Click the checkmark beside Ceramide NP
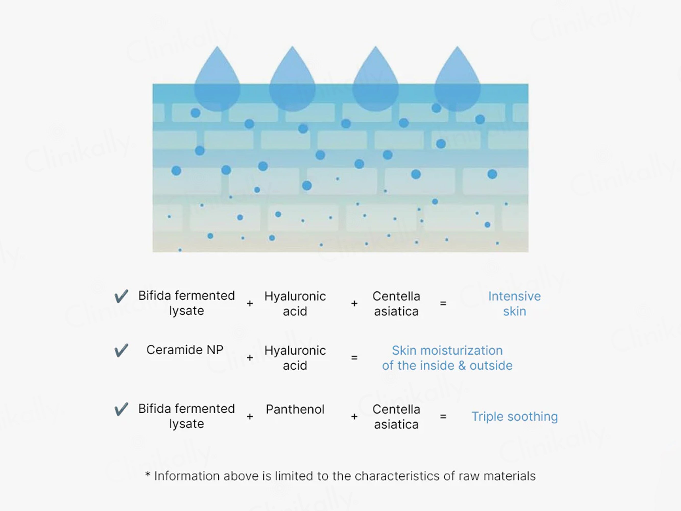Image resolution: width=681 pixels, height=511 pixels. pos(121,350)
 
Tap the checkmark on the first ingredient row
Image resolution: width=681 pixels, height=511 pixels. pos(121,296)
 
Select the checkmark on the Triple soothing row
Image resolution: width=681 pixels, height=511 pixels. pos(121,409)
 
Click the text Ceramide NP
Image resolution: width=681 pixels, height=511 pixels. pos(185,350)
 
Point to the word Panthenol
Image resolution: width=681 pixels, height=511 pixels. pos(295,409)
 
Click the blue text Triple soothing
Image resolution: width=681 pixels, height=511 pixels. pos(515,417)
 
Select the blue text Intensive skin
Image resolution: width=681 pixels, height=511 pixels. pos(515,304)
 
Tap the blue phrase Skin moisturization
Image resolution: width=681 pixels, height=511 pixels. pos(447,351)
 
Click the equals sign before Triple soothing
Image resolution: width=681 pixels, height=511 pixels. pos(443,417)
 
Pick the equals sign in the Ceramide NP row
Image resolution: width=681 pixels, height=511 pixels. pos(354,358)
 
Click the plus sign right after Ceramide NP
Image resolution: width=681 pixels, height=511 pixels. pos(250,358)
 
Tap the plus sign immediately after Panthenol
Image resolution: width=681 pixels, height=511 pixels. pos(354,417)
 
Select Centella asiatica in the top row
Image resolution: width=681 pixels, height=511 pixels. pos(396,304)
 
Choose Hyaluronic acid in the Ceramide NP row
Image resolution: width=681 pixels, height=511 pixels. pos(295,358)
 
